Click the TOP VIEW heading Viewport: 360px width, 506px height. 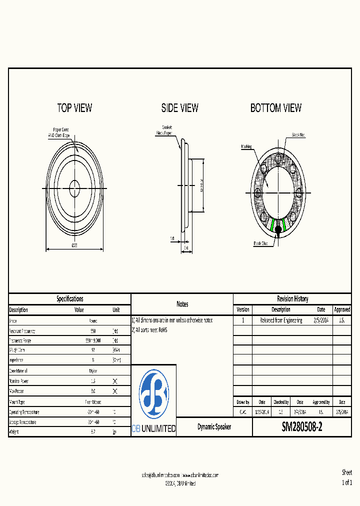tap(74, 108)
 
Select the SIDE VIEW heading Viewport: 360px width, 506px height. tap(179, 108)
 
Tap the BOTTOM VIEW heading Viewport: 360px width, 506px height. tap(276, 108)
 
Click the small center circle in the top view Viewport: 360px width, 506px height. tap(75, 189)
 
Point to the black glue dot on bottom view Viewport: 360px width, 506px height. tap(278, 229)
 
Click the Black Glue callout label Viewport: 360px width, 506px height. tap(260, 243)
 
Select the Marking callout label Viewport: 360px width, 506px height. tap(246, 146)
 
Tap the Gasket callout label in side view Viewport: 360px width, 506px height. tap(167, 127)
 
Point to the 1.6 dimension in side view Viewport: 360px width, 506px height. tap(172, 239)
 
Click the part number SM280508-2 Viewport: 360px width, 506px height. tap(302, 427)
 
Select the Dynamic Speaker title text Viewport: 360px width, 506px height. tap(214, 427)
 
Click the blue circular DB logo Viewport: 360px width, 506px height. tap(153, 394)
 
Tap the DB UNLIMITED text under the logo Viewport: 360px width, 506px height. tap(153, 428)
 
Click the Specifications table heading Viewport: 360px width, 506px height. tap(70, 299)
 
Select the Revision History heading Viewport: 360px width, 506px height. tap(292, 299)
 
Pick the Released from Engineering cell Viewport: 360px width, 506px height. tap(280, 320)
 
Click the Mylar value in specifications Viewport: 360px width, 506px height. tap(93, 371)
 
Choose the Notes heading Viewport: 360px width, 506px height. tap(182, 304)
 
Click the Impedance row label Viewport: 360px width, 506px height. tap(16, 360)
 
